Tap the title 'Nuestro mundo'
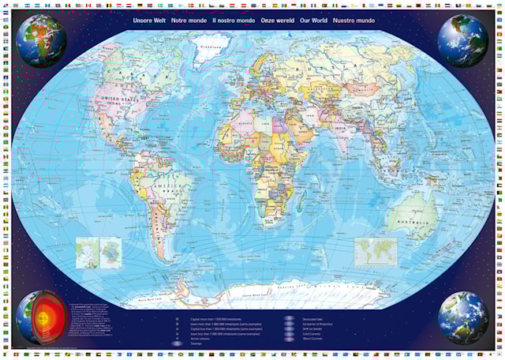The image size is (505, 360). pyautogui.click(x=353, y=21)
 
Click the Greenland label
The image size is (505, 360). pyautogui.click(x=187, y=47)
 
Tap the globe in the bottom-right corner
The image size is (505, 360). pyautogui.click(x=463, y=317)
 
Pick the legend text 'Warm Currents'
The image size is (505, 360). pyautogui.click(x=313, y=344)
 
